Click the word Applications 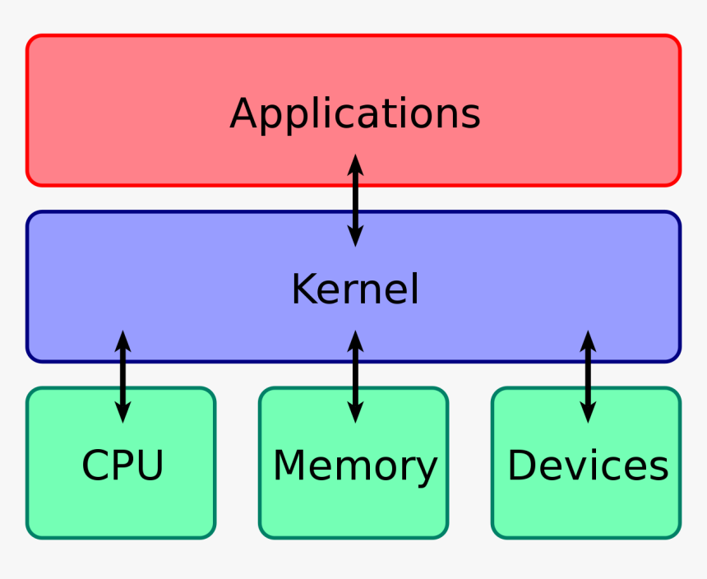pos(354,113)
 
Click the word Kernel pos(354,289)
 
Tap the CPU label pos(122,465)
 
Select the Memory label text pos(354,466)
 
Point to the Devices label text pos(587,465)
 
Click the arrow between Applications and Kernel pos(355,201)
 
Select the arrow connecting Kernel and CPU pos(122,377)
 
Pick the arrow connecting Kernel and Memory pos(355,377)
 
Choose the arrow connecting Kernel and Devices pos(588,377)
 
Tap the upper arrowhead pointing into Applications pos(355,163)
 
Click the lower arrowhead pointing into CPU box pos(122,414)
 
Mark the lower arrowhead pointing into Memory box pos(355,414)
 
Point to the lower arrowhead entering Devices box pos(588,414)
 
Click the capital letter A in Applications pos(244,113)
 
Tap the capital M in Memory pos(289,466)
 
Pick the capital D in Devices pos(521,465)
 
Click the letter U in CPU pos(150,465)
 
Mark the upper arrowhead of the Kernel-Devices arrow pos(588,339)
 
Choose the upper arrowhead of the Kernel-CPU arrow pos(122,339)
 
